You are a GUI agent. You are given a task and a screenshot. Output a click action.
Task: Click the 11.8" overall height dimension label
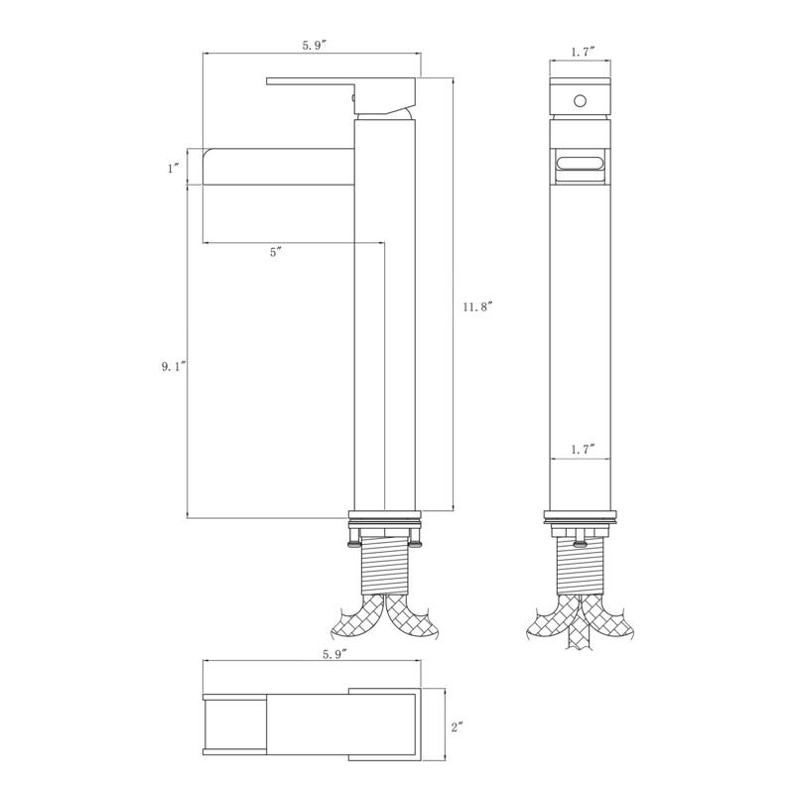(x=476, y=308)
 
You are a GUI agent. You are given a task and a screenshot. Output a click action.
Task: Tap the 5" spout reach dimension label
(x=276, y=253)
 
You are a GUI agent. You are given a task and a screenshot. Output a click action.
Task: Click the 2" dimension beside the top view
(x=458, y=728)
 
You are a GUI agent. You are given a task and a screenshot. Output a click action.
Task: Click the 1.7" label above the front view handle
(x=582, y=52)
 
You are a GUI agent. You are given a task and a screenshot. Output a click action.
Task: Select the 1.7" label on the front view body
(x=582, y=450)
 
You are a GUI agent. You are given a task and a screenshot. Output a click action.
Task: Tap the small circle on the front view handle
(x=581, y=100)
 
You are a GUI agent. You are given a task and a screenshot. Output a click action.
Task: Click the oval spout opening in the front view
(x=581, y=164)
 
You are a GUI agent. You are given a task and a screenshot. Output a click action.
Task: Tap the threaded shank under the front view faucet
(x=580, y=566)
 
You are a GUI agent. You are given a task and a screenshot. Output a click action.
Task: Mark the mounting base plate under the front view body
(x=580, y=516)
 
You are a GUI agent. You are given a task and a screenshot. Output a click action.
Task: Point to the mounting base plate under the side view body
(x=384, y=516)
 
